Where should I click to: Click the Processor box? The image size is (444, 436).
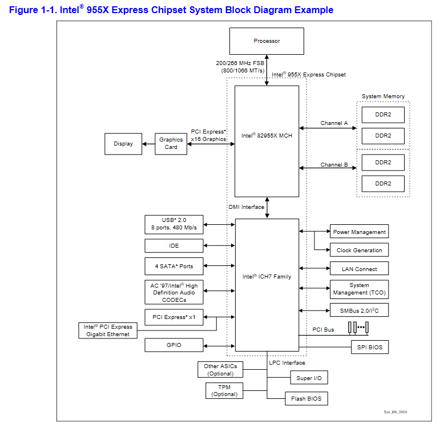267,41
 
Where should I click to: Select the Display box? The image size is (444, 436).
123,144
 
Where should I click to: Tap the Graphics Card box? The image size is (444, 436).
171,144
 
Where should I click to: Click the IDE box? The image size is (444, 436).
174,245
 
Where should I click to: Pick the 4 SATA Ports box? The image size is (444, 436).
174,267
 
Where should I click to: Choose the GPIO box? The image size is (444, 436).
174,345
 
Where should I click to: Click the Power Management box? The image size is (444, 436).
360,232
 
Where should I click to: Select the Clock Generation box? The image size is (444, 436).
360,250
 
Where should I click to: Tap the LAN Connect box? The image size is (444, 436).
360,269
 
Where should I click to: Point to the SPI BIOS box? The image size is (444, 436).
370,347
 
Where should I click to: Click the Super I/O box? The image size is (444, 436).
308,378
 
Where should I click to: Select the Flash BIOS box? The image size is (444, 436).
306,398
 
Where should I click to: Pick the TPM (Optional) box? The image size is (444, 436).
224,391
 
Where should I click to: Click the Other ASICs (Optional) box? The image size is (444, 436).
220,370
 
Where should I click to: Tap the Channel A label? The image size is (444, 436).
334,123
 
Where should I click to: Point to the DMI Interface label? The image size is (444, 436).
247,207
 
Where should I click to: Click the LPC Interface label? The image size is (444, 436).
286,363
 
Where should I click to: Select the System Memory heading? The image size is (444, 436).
383,96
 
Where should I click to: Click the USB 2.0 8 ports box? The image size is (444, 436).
174,224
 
